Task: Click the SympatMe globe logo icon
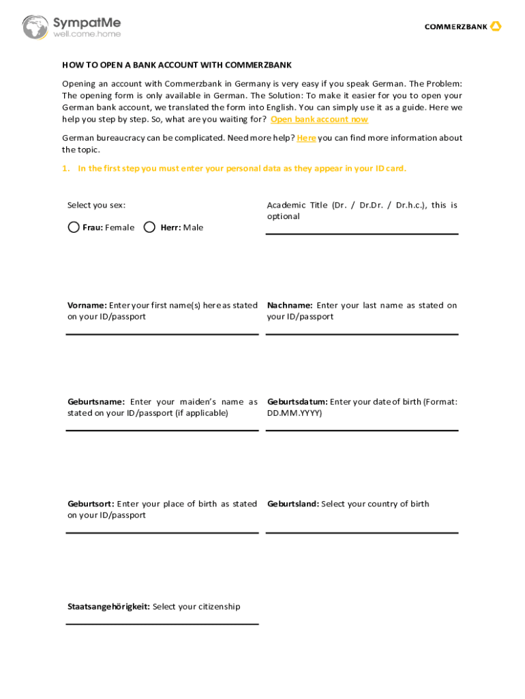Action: (x=35, y=27)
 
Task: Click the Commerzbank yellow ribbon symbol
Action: (x=496, y=27)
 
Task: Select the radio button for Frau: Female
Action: (x=74, y=227)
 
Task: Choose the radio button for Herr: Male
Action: (x=150, y=227)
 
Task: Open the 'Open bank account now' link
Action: (x=319, y=119)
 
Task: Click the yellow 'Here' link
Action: (x=306, y=138)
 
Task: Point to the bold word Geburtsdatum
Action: (x=297, y=402)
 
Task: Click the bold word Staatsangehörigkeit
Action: (x=108, y=607)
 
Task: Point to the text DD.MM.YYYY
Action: (x=295, y=414)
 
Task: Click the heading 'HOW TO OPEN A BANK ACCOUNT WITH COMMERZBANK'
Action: (x=177, y=66)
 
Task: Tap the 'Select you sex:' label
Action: (x=96, y=205)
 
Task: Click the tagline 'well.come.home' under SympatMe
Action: (x=87, y=33)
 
